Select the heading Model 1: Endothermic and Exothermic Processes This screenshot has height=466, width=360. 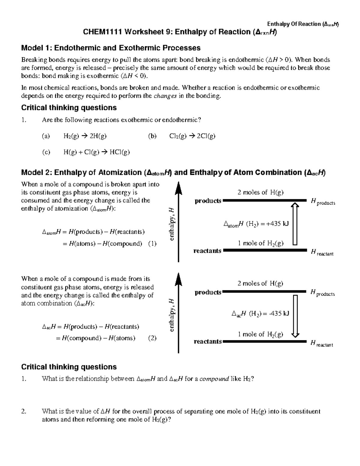click(x=111, y=48)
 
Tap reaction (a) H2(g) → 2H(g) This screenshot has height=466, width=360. click(x=85, y=136)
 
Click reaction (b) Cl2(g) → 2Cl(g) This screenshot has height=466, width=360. click(x=192, y=136)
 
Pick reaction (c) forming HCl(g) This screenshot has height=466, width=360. click(x=96, y=152)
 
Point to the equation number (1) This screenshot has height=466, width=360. click(x=152, y=244)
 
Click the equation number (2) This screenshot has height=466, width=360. click(x=152, y=338)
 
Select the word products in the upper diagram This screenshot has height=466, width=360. click(x=208, y=201)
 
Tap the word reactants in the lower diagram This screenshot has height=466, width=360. click(x=208, y=341)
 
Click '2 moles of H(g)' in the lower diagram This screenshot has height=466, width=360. click(x=260, y=284)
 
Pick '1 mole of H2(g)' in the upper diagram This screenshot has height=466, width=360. click(x=260, y=243)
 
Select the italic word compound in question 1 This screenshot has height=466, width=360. click(x=214, y=379)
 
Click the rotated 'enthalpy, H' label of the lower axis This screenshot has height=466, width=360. click(x=171, y=315)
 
